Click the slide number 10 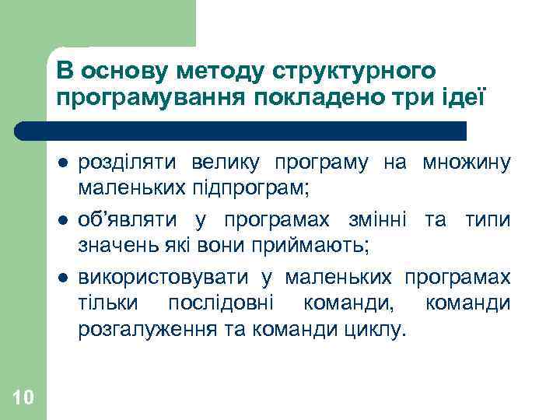click(x=23, y=398)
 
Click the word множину click(x=467, y=163)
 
